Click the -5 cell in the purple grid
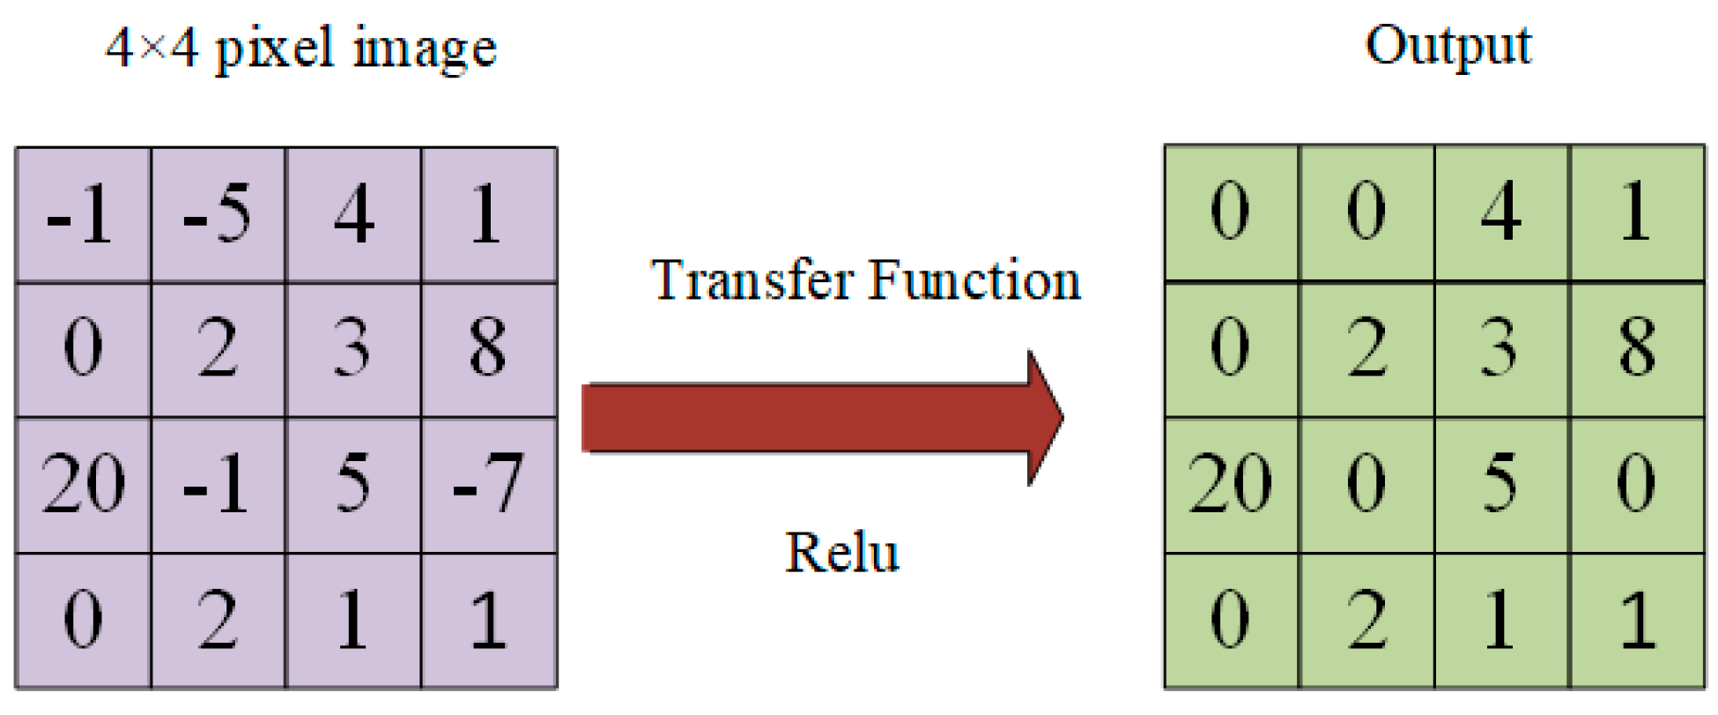(x=218, y=214)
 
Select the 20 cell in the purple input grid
(x=83, y=484)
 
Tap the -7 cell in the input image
(x=488, y=484)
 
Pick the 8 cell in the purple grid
(x=488, y=348)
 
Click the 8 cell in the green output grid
(x=1637, y=347)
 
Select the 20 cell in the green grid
(x=1231, y=484)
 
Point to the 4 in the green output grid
(x=1501, y=212)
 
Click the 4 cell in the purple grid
(x=353, y=214)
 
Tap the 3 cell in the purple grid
(x=353, y=348)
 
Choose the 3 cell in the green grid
(x=1501, y=347)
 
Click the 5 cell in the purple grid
(x=353, y=484)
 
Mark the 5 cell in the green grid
(x=1501, y=484)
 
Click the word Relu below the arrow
(x=841, y=554)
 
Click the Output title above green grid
(x=1448, y=46)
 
